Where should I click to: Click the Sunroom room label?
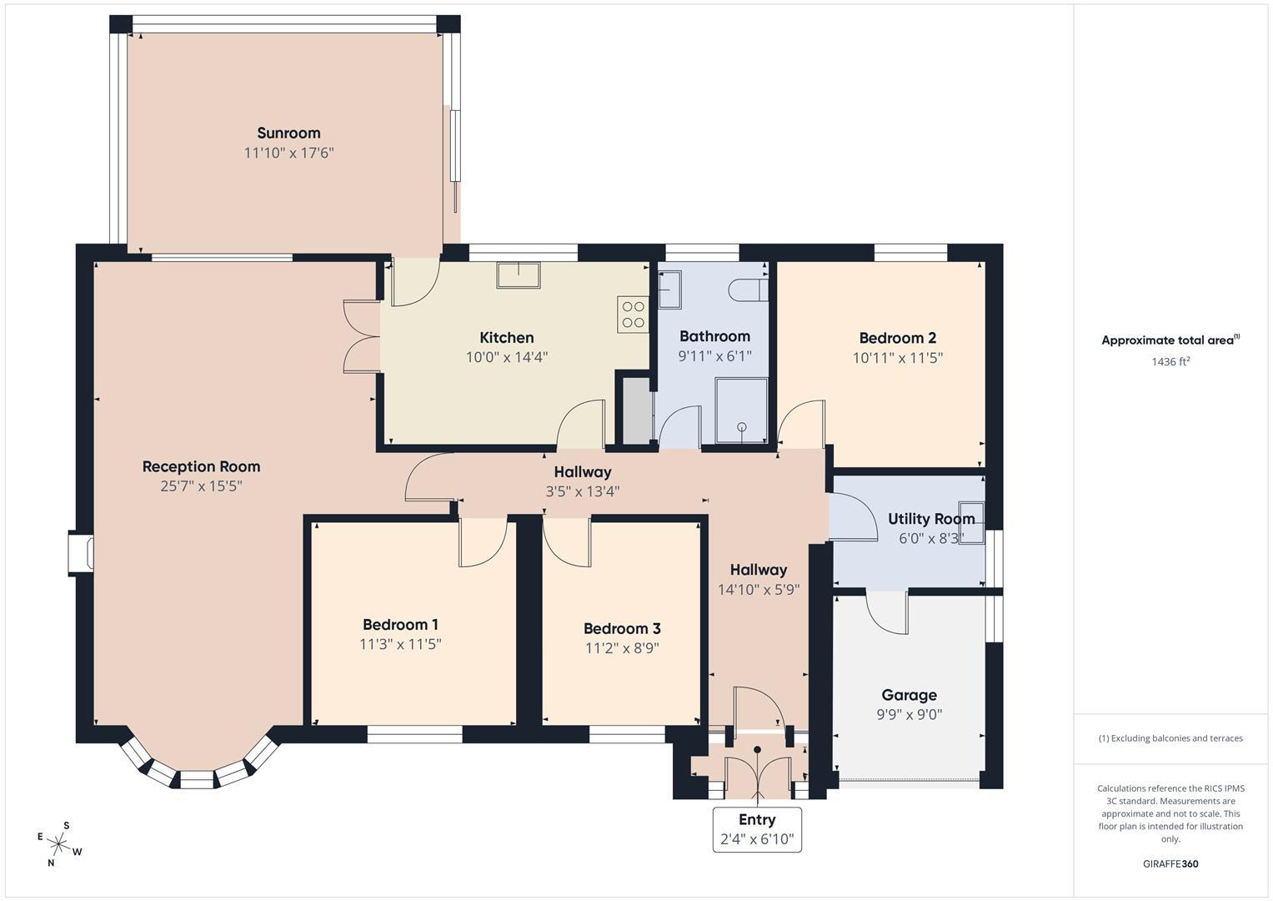tap(288, 133)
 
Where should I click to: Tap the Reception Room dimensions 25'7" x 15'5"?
tap(201, 486)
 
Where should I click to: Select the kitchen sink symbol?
tap(518, 274)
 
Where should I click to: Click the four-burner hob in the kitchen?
tap(633, 315)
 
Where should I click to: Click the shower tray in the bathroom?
tap(740, 410)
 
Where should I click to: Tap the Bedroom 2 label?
tap(897, 338)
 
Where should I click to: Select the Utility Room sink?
tap(971, 522)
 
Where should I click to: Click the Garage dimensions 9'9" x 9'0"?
tap(909, 715)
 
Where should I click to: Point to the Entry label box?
tap(757, 829)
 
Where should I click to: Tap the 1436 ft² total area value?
tap(1170, 361)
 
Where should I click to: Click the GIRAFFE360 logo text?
tap(1170, 863)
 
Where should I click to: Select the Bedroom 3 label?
tap(622, 629)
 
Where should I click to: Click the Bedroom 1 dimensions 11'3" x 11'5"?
tap(400, 644)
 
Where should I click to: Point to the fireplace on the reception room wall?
tap(81, 553)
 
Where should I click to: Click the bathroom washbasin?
tap(670, 289)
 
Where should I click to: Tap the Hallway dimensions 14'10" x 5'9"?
tap(759, 589)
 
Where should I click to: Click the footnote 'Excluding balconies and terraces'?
tap(1170, 738)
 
